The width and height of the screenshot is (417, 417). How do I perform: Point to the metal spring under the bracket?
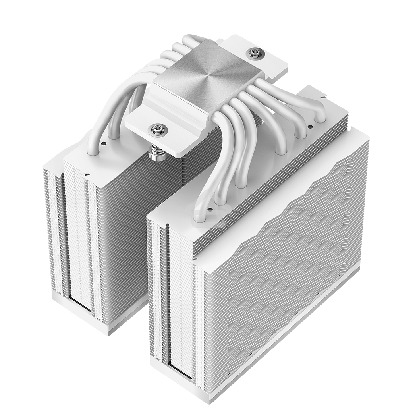point(158,153)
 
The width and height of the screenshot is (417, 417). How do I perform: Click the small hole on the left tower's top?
point(103,143)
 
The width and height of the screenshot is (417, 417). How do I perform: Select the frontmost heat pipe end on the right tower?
point(200,216)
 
